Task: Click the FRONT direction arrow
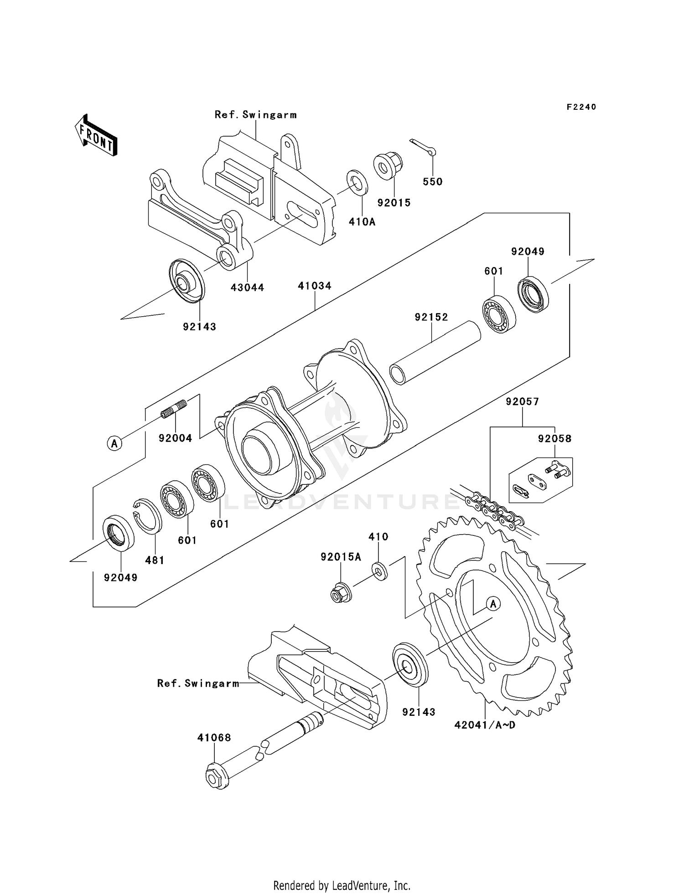click(96, 135)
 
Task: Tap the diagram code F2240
click(581, 107)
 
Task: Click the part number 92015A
click(341, 557)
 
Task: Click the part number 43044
click(247, 288)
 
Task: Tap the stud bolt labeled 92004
click(174, 408)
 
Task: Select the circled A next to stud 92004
click(114, 443)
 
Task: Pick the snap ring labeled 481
click(148, 516)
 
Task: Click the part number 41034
click(315, 286)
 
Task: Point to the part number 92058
click(554, 439)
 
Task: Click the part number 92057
click(522, 402)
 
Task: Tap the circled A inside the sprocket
click(492, 604)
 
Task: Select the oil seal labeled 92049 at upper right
click(534, 294)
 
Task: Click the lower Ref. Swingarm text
click(198, 683)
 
